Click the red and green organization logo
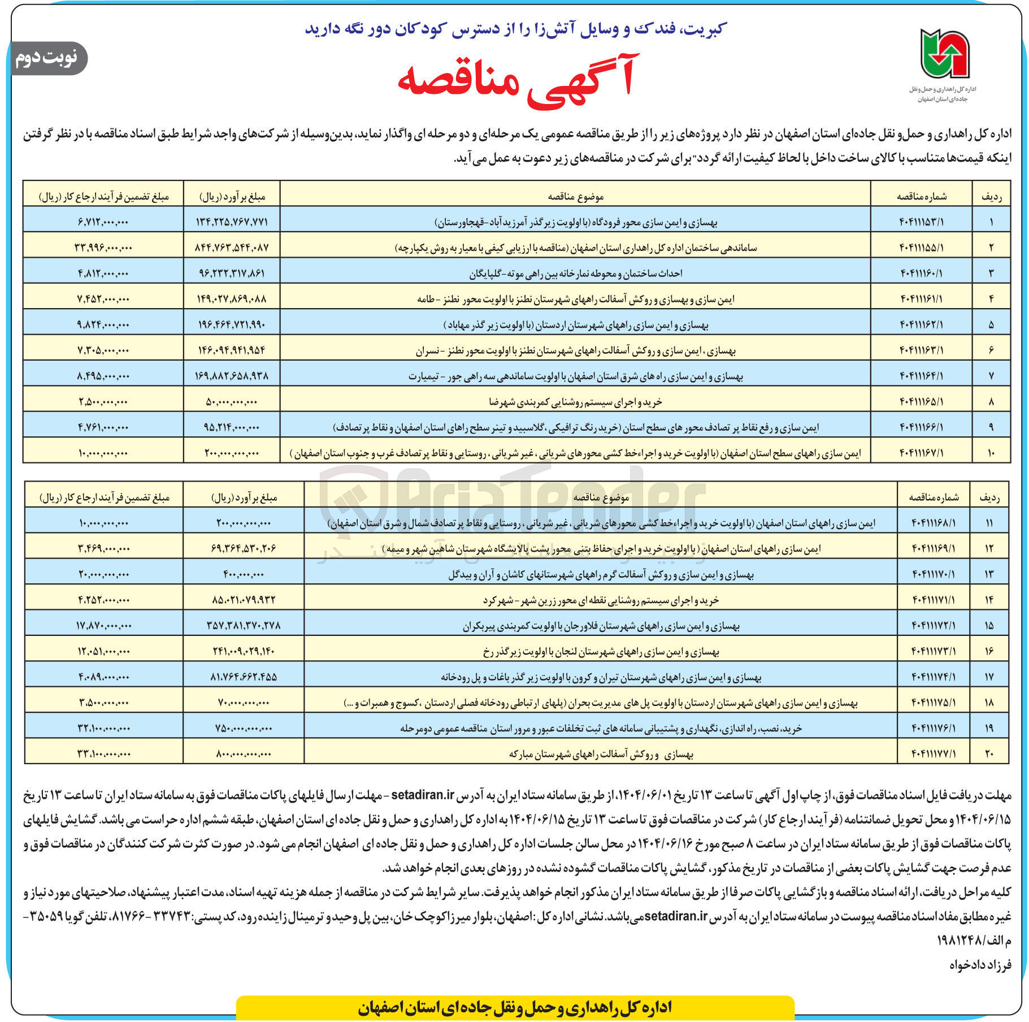(944, 54)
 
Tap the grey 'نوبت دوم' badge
(47, 58)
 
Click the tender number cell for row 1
(921, 222)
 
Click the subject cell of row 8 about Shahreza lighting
(575, 402)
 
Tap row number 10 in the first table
(991, 453)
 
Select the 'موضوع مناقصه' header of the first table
(575, 196)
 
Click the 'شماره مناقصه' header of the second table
(934, 497)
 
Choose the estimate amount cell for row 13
(244, 574)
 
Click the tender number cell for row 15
(934, 626)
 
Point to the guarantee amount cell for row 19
(104, 729)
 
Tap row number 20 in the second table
(989, 754)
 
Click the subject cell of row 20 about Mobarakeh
(601, 754)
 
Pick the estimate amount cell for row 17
(244, 677)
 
